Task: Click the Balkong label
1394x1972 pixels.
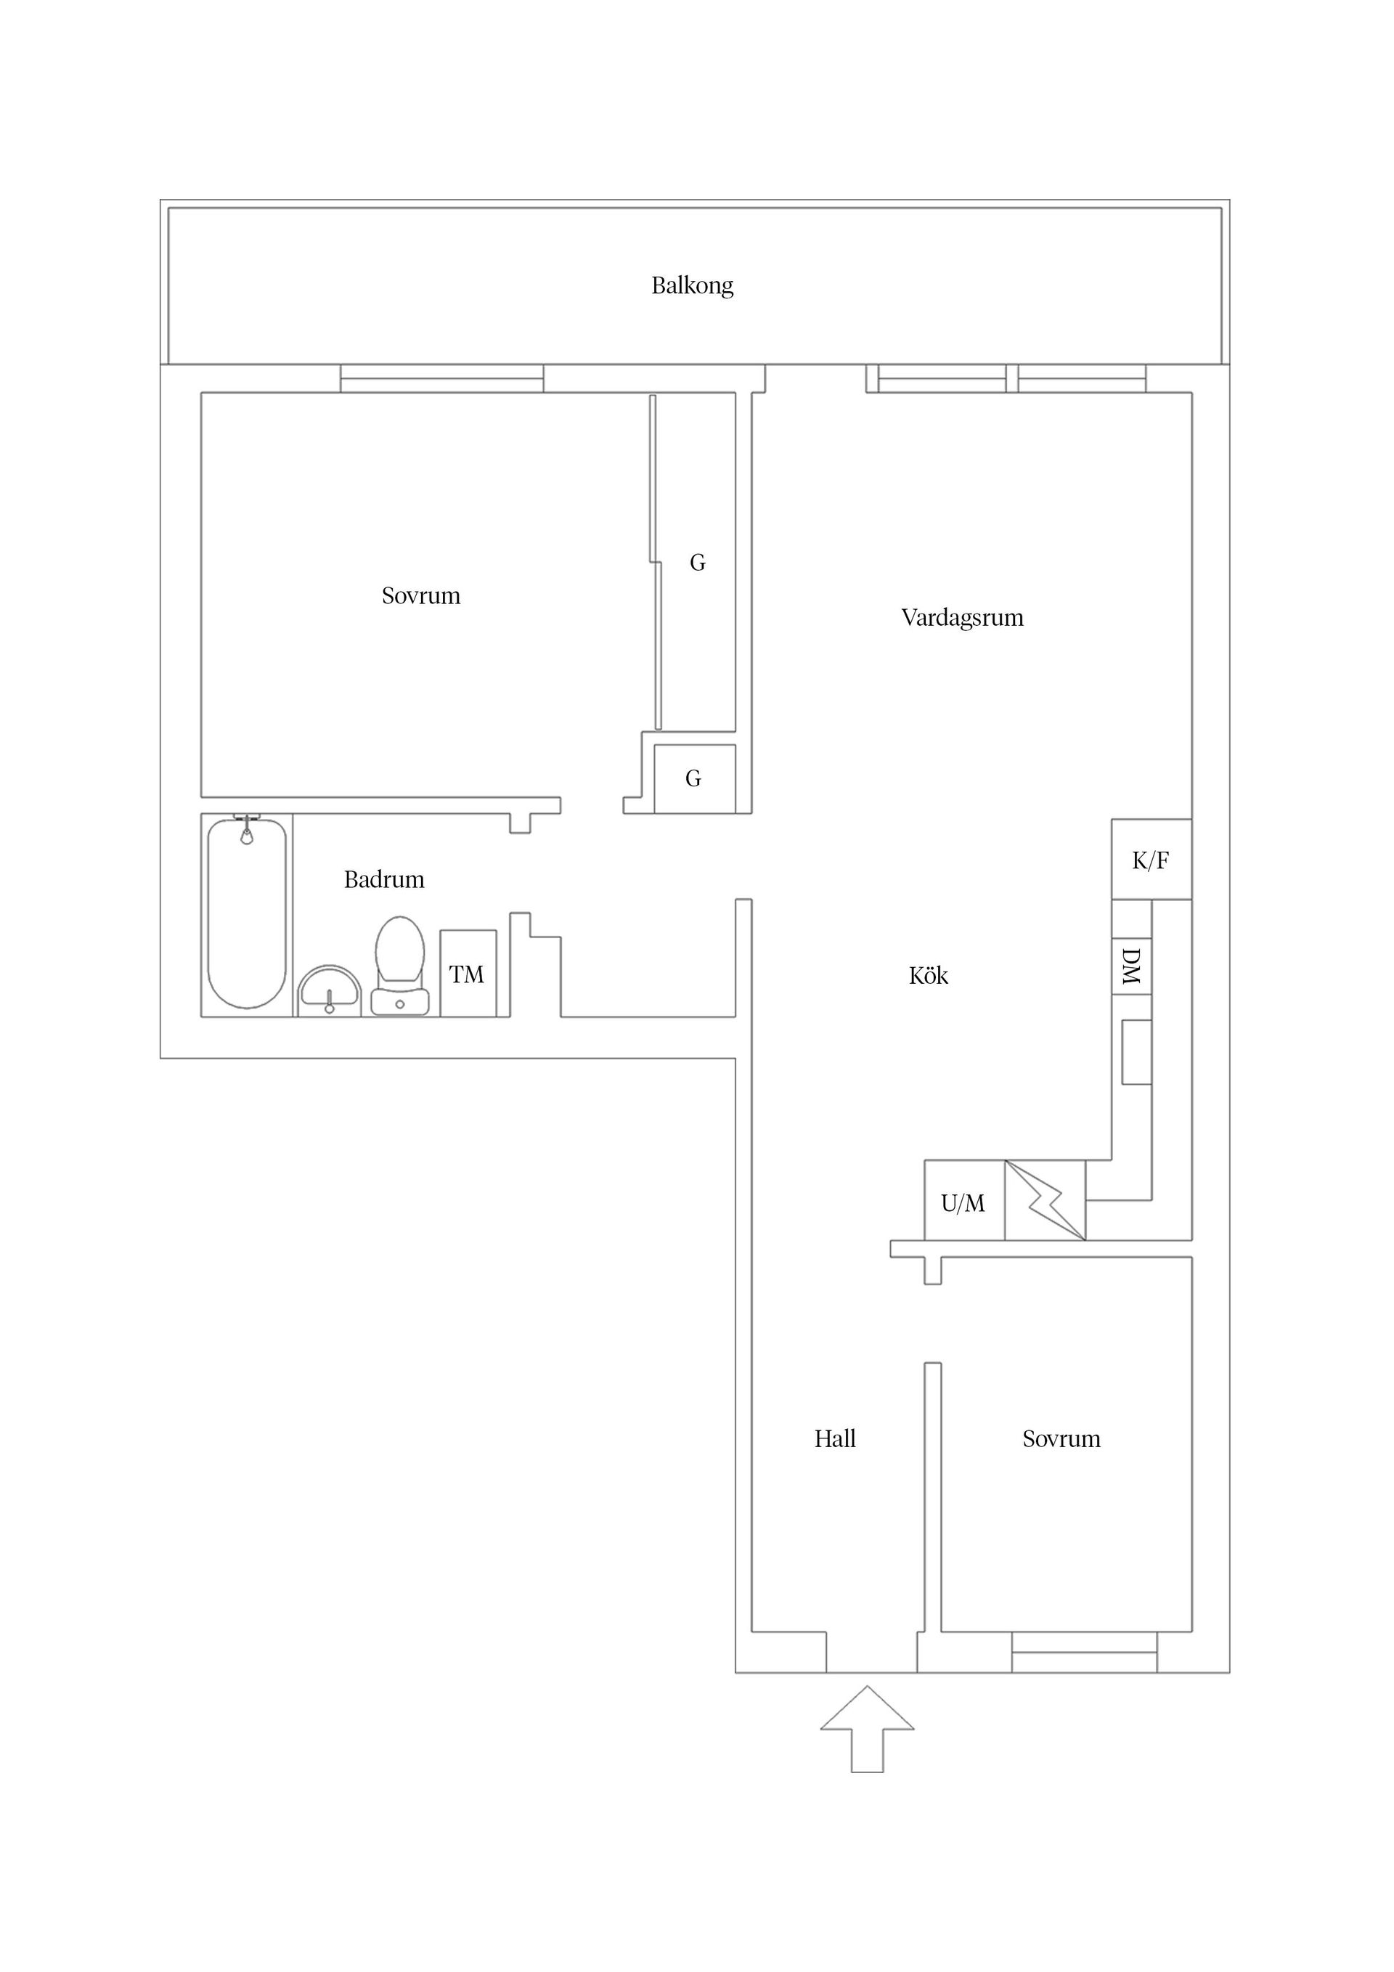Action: click(692, 286)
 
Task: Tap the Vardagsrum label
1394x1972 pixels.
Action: click(962, 619)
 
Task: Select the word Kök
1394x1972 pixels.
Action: click(929, 976)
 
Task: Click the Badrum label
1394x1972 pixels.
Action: click(384, 879)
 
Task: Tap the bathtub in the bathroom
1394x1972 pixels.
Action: click(248, 915)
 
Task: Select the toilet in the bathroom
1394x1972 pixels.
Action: click(400, 966)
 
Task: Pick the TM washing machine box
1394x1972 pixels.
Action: click(468, 974)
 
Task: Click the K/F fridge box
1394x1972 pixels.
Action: click(1151, 860)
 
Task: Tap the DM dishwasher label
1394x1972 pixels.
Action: click(1131, 966)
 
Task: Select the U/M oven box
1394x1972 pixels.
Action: click(963, 1203)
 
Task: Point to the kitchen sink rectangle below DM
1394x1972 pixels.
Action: click(1136, 1052)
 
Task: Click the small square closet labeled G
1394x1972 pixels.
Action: click(694, 778)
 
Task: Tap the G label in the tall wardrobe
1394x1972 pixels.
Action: click(698, 563)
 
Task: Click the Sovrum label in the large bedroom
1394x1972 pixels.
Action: click(421, 596)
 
